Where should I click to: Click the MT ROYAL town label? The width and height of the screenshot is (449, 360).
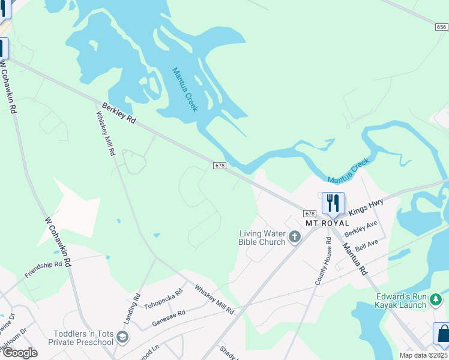click(x=327, y=223)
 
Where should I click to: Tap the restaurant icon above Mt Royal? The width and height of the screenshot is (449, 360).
click(x=333, y=203)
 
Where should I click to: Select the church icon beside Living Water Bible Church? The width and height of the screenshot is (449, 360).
click(x=294, y=238)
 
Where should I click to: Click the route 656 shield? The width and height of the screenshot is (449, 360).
click(x=442, y=27)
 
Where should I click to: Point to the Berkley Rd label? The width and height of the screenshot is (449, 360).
click(x=118, y=113)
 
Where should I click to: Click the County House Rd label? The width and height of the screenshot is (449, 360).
click(x=324, y=261)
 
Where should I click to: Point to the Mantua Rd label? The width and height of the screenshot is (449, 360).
click(x=354, y=259)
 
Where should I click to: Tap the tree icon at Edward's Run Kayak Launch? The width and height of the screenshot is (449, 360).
click(x=437, y=299)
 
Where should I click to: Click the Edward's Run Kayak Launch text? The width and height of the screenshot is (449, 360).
click(x=401, y=301)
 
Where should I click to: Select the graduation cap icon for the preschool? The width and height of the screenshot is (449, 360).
click(x=123, y=337)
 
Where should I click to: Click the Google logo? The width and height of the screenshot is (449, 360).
click(x=20, y=353)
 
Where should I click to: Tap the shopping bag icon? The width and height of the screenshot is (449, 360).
click(x=442, y=334)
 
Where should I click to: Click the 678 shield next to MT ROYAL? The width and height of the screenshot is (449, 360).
click(x=310, y=213)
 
